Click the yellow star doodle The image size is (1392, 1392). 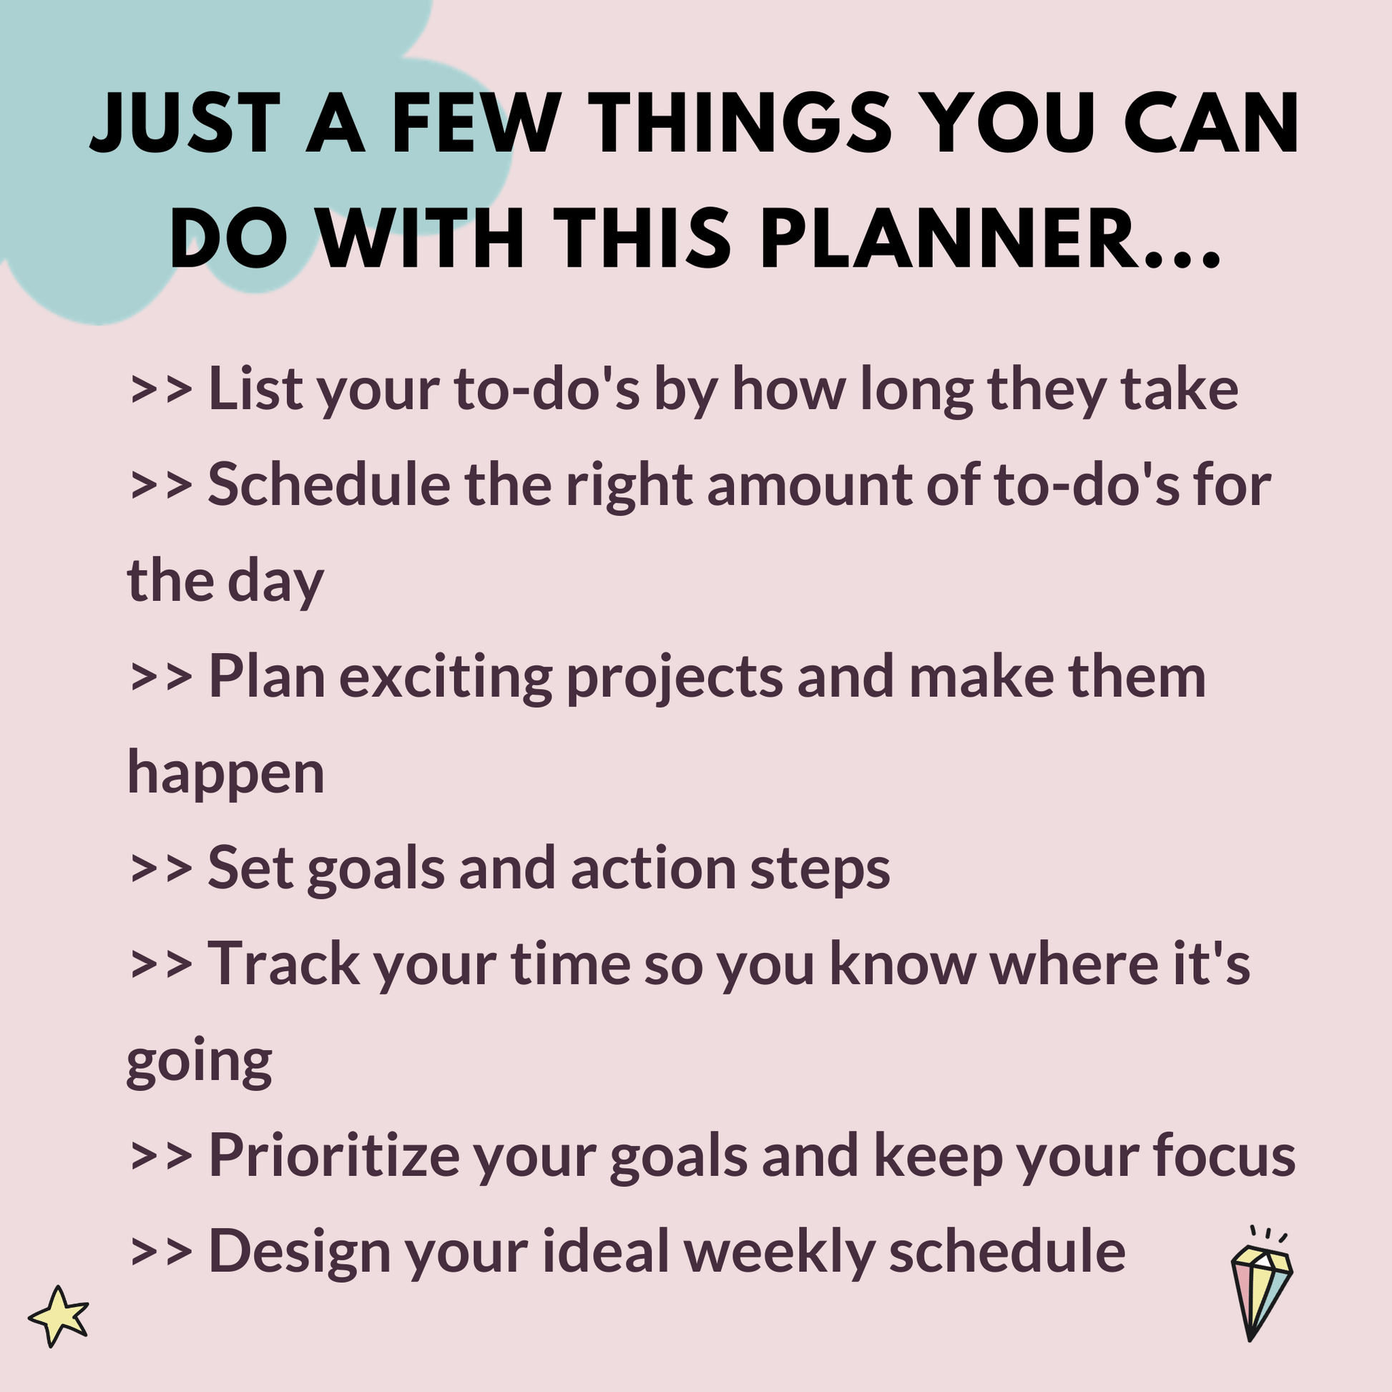[59, 1315]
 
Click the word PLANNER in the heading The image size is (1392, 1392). [958, 237]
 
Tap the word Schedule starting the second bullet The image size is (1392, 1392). [328, 484]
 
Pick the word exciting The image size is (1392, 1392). [445, 678]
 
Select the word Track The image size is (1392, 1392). [283, 964]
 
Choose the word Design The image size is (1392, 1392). [299, 1253]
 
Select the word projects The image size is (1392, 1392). [675, 678]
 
